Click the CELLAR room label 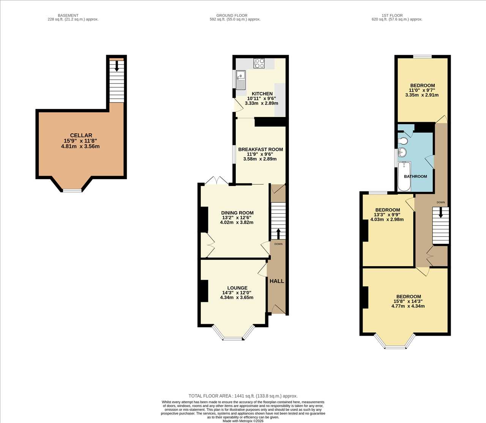pos(81,136)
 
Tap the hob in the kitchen pos(259,63)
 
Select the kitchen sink pos(241,80)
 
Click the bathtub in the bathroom pos(404,176)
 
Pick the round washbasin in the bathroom pos(402,152)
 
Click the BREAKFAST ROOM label pos(260,149)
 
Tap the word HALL pos(277,281)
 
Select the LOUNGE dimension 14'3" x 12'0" pos(237,293)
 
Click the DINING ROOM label pos(237,213)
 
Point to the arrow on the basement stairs pos(117,66)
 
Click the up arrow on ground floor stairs pos(278,234)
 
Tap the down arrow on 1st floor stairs pos(441,213)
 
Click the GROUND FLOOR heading pos(232,16)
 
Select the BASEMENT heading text pos(68,16)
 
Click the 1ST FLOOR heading pos(392,16)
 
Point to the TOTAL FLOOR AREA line pos(243,396)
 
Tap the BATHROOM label pos(415,177)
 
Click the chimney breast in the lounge pos(204,291)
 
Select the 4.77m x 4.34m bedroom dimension pos(408,306)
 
